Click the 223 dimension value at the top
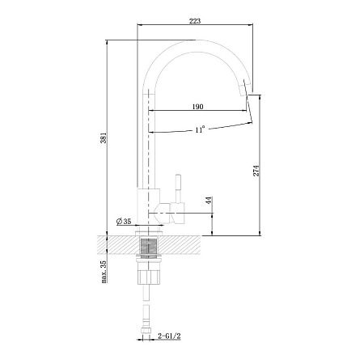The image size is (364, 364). [195, 21]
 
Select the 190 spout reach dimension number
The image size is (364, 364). [197, 107]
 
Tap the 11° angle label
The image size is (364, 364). [200, 129]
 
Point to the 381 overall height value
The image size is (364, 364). [104, 138]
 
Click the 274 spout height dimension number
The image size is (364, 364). [256, 171]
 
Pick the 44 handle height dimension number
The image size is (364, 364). [209, 201]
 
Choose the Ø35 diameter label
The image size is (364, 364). [124, 222]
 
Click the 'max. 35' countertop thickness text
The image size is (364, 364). [104, 272]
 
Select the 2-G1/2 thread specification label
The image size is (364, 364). [169, 336]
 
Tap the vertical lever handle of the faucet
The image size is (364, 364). [178, 188]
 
